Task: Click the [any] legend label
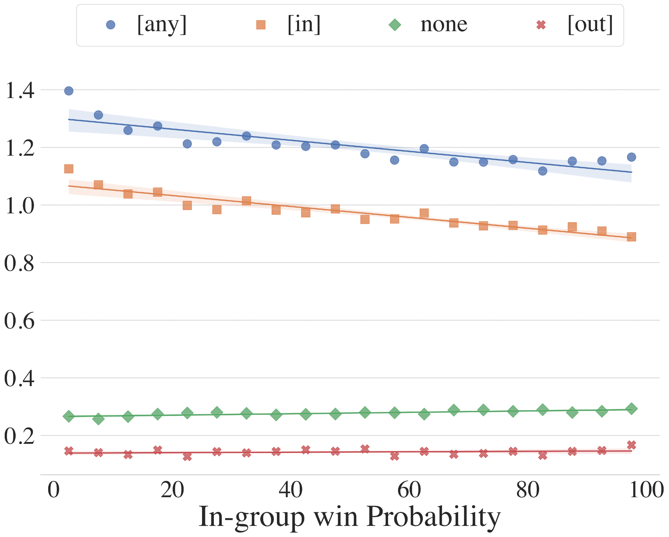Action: pyautogui.click(x=162, y=25)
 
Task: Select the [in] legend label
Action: pyautogui.click(x=304, y=25)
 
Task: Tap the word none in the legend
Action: pyautogui.click(x=444, y=25)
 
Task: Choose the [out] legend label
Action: pyautogui.click(x=590, y=25)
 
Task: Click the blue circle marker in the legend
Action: pyautogui.click(x=110, y=25)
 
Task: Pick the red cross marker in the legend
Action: pyautogui.click(x=541, y=25)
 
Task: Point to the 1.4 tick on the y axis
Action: pyautogui.click(x=20, y=90)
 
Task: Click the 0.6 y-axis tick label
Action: pyautogui.click(x=20, y=321)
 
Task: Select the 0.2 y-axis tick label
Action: pyautogui.click(x=20, y=436)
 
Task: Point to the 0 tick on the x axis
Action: pyautogui.click(x=54, y=490)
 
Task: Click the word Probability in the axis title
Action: pyautogui.click(x=434, y=517)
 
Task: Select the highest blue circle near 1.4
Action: pyautogui.click(x=69, y=91)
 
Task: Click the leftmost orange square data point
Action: pyautogui.click(x=69, y=169)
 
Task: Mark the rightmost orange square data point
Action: pyautogui.click(x=631, y=237)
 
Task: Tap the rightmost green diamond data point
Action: pyautogui.click(x=631, y=409)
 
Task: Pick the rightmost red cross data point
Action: pyautogui.click(x=631, y=445)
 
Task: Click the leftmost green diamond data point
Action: pyautogui.click(x=69, y=416)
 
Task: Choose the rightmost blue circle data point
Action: pyautogui.click(x=631, y=157)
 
